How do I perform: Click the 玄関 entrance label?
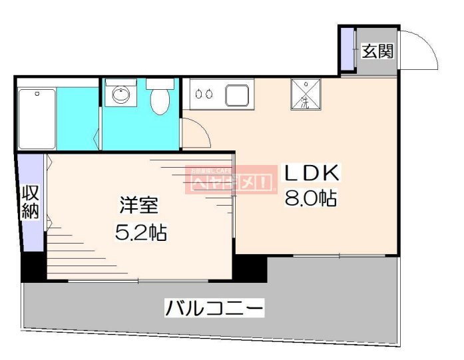(377, 52)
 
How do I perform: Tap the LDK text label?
(312, 174)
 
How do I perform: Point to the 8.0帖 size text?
(311, 198)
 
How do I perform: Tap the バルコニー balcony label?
(214, 308)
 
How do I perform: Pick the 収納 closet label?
(31, 202)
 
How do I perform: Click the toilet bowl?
(159, 102)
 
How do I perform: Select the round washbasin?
(120, 95)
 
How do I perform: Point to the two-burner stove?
(204, 94)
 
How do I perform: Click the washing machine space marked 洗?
(306, 94)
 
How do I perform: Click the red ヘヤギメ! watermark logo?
(230, 179)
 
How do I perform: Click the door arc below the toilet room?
(197, 134)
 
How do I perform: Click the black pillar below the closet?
(33, 266)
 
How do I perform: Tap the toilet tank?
(160, 85)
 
